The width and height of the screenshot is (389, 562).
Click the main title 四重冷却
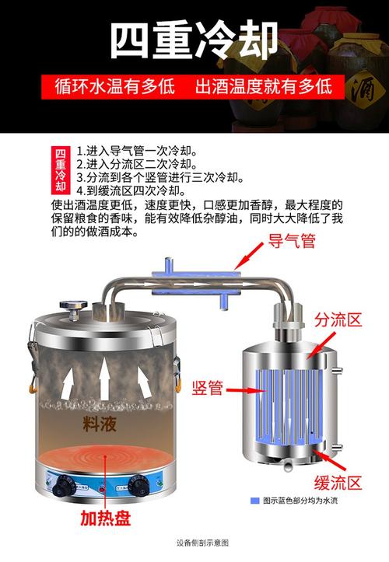194,40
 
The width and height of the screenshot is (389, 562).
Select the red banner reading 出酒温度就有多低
264,85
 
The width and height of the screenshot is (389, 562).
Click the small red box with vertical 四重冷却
61,170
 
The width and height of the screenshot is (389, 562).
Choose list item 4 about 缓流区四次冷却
131,190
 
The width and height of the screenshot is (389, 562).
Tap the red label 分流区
338,320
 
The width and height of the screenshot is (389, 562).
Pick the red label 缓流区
338,483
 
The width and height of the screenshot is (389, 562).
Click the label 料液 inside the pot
100,424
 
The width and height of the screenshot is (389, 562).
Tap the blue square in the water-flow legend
255,501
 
